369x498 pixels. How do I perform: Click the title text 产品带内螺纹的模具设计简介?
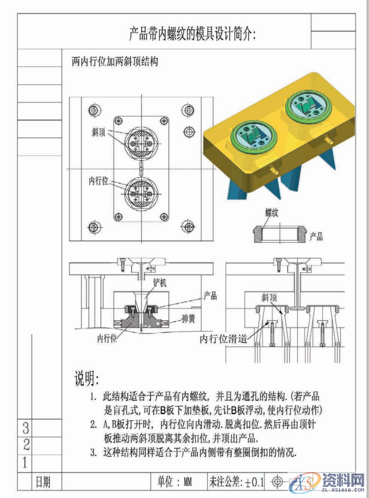click(193, 33)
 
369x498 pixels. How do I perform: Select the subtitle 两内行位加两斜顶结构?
click(112, 62)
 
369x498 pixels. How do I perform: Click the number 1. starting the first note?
click(93, 397)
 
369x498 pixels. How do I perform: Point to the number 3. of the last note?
click(93, 452)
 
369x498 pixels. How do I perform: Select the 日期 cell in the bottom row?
click(43, 482)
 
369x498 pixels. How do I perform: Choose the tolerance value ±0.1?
click(255, 482)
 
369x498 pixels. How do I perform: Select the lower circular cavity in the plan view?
click(139, 194)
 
